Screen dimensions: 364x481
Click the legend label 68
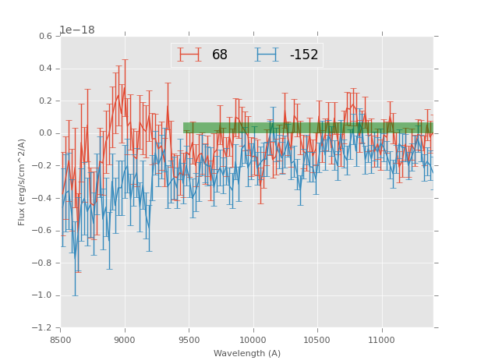[x=220, y=55]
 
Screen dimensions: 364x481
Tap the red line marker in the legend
[x=189, y=55]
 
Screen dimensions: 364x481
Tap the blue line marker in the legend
[x=269, y=55]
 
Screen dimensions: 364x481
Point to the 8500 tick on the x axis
[x=61, y=341]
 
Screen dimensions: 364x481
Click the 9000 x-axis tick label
[x=125, y=341]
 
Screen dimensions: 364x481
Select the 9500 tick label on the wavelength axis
[x=189, y=341]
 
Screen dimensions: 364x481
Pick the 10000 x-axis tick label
[x=253, y=341]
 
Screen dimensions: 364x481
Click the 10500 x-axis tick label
[x=317, y=341]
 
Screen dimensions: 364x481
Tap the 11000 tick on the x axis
[x=381, y=341]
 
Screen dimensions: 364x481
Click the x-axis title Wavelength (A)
[x=247, y=353]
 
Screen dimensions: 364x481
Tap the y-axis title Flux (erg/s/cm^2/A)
[x=23, y=182]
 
